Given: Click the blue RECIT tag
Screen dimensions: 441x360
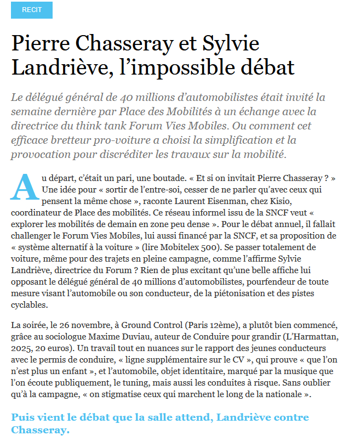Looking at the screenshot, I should [32, 10].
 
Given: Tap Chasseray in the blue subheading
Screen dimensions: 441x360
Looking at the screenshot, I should [41, 429].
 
